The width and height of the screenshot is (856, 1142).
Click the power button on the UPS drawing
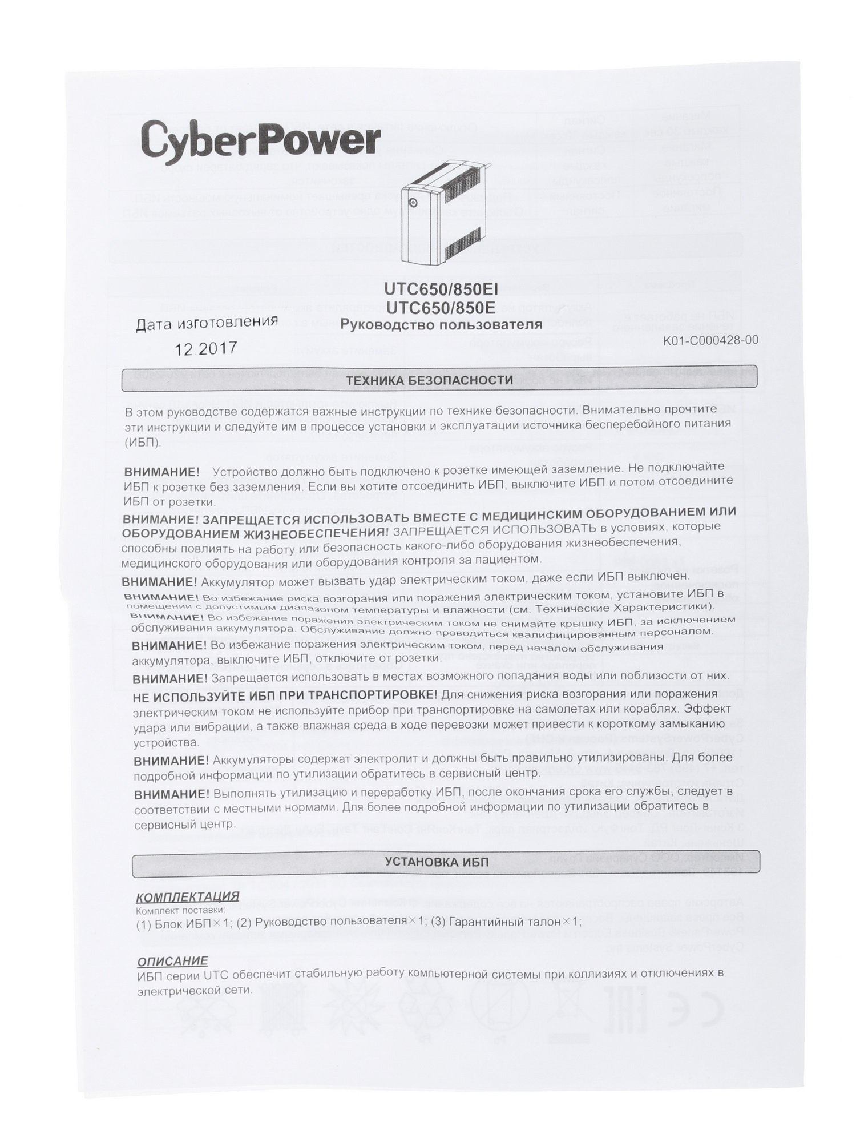(x=413, y=203)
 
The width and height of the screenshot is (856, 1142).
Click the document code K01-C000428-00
(x=710, y=340)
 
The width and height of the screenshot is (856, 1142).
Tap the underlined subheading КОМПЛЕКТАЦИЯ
(x=188, y=896)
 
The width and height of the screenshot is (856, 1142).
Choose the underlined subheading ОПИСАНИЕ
(x=172, y=960)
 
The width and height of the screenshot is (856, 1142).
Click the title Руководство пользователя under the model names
(x=441, y=325)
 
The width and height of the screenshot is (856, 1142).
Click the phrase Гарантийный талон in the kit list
(x=502, y=922)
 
